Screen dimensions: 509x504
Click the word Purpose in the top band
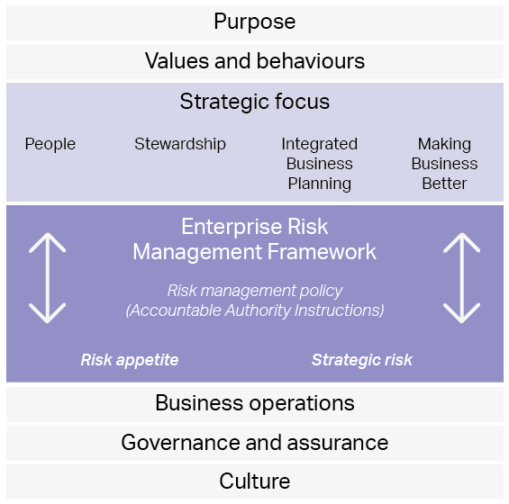pyautogui.click(x=254, y=22)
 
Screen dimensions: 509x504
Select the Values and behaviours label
pyautogui.click(x=255, y=61)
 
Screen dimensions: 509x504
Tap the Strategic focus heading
pyautogui.click(x=255, y=102)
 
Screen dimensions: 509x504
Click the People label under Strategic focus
pyautogui.click(x=50, y=144)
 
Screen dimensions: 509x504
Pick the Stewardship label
pyautogui.click(x=180, y=144)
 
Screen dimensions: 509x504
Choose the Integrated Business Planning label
pyautogui.click(x=320, y=164)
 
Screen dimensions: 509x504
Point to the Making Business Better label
pyautogui.click(x=445, y=164)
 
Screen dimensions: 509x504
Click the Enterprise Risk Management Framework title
pyautogui.click(x=255, y=239)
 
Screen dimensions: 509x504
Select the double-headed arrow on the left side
pyautogui.click(x=48, y=278)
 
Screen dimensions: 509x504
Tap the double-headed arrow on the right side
pyautogui.click(x=461, y=278)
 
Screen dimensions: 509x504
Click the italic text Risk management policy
pyautogui.click(x=255, y=291)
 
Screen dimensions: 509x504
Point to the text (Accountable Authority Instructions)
pyautogui.click(x=255, y=310)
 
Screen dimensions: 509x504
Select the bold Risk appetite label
pyautogui.click(x=130, y=360)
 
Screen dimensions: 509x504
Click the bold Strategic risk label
pyautogui.click(x=362, y=360)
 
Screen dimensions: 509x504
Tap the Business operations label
pyautogui.click(x=255, y=403)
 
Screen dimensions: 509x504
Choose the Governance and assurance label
pyautogui.click(x=255, y=443)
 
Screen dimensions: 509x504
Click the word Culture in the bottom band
pyautogui.click(x=255, y=481)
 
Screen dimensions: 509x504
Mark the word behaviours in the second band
pyautogui.click(x=311, y=61)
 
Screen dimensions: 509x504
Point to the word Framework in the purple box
pyautogui.click(x=322, y=252)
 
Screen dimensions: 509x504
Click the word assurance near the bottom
pyautogui.click(x=338, y=443)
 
